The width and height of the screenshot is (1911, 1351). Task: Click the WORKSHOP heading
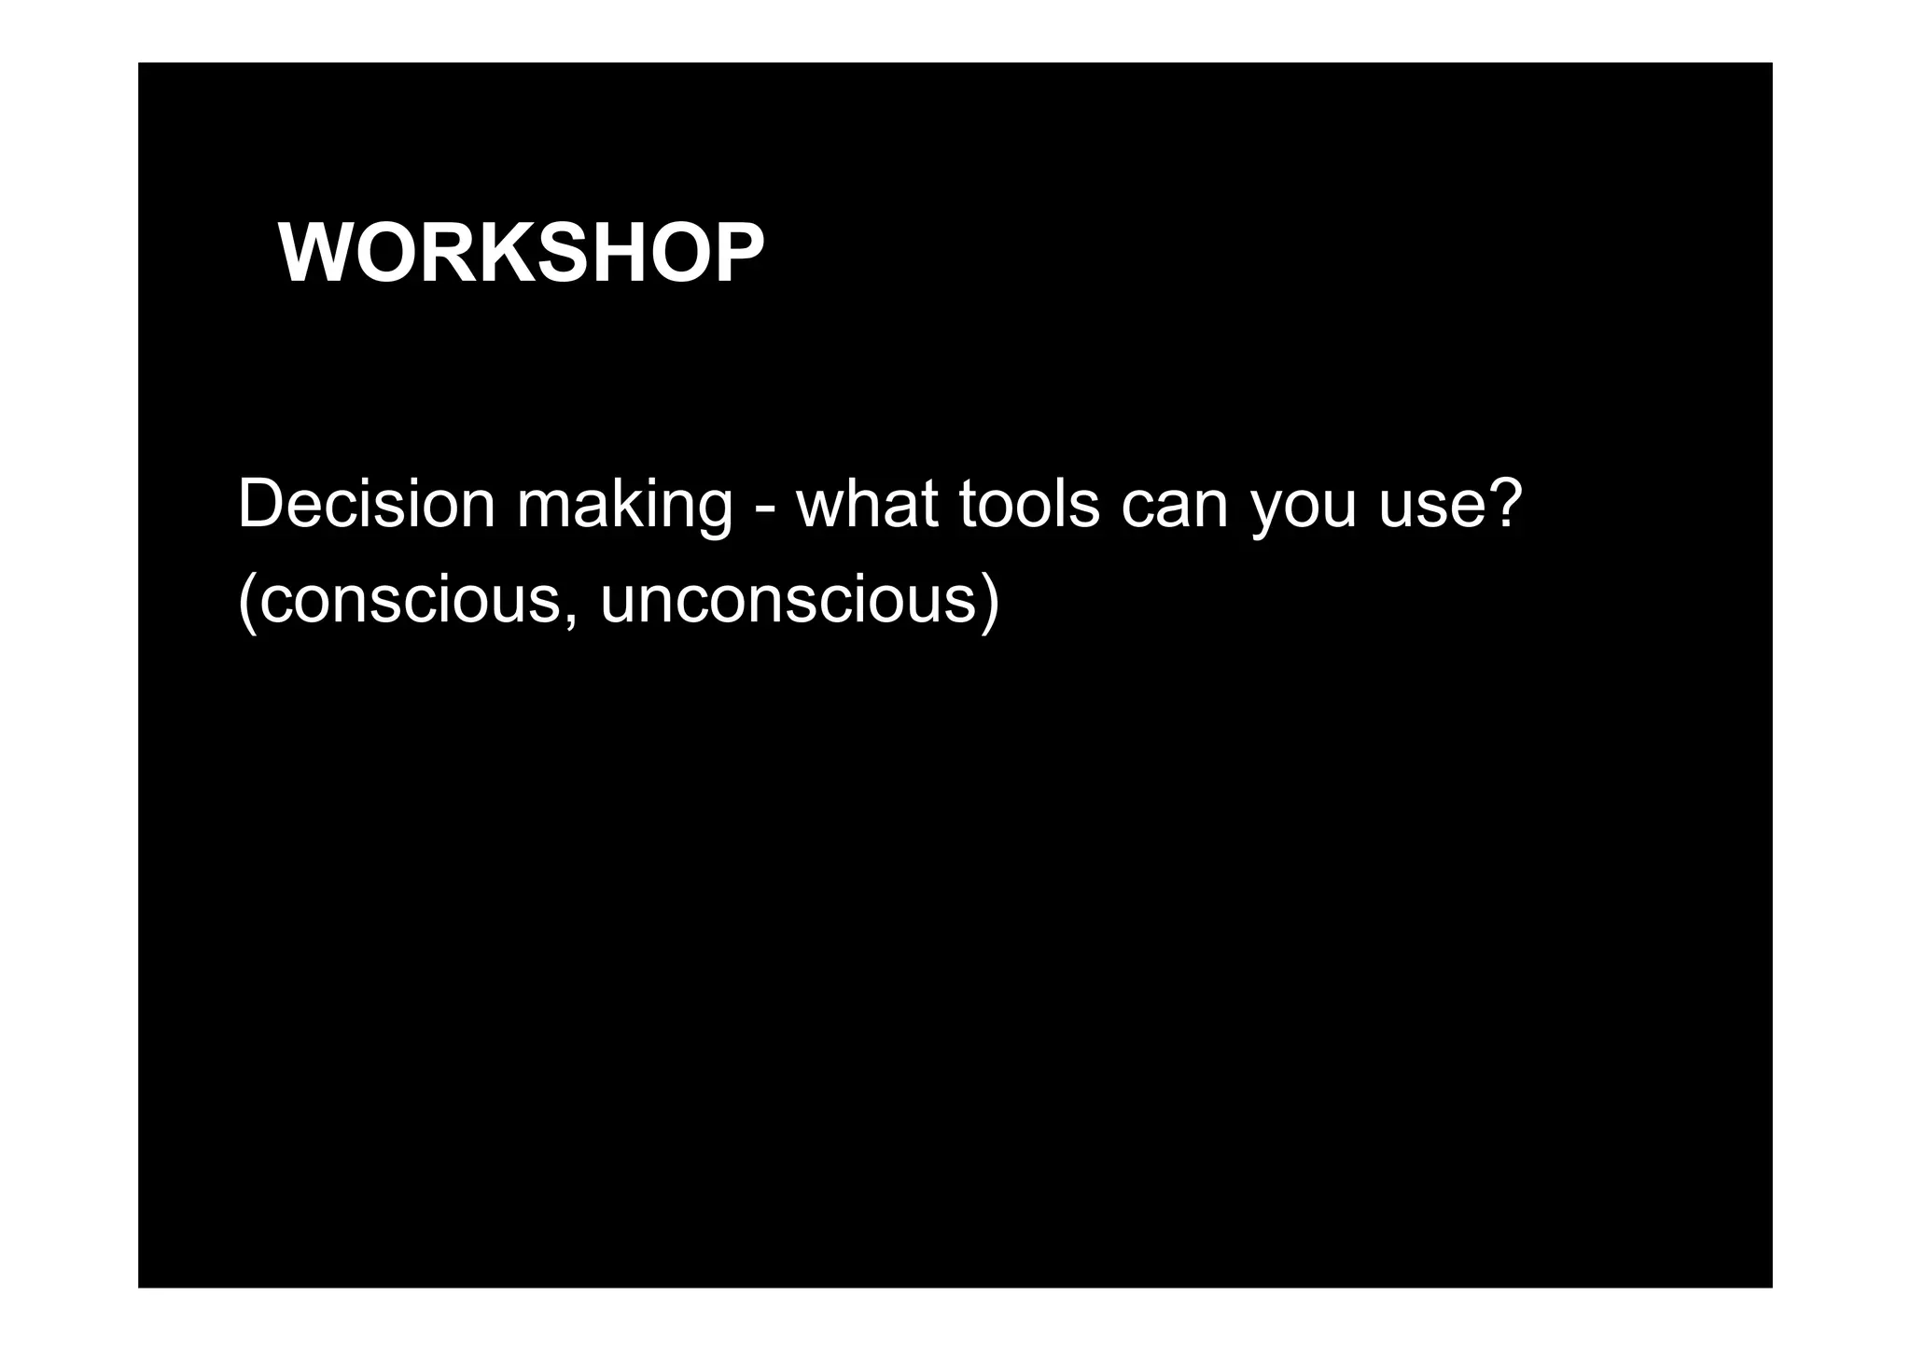pos(521,254)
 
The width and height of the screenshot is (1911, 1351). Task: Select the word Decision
pos(366,505)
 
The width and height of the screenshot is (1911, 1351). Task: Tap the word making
pos(624,505)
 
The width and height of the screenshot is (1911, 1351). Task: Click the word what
pos(867,505)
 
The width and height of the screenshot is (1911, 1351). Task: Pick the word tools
pos(1029,505)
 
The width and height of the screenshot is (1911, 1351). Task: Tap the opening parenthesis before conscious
pos(246,601)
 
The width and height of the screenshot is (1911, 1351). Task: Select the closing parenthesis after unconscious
pos(990,601)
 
